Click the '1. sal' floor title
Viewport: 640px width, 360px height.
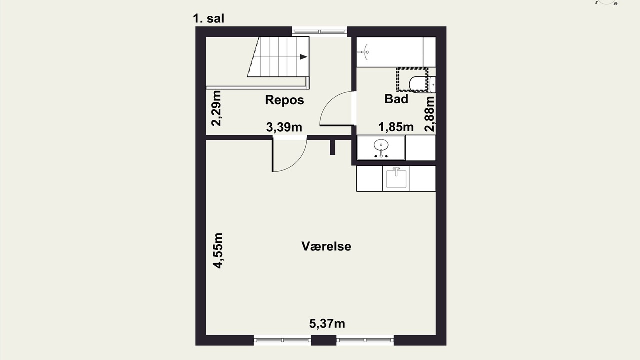coord(208,19)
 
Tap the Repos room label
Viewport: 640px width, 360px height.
coord(284,100)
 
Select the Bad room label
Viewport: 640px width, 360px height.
coord(396,99)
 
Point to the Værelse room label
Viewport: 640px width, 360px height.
coord(326,246)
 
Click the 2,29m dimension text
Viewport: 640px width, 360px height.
coord(216,108)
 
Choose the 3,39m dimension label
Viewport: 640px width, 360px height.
coord(284,127)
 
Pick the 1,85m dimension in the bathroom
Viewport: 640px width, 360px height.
coord(396,127)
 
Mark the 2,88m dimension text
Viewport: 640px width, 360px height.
coord(429,114)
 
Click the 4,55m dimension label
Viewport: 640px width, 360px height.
coord(218,251)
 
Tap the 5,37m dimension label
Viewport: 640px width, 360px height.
coord(327,323)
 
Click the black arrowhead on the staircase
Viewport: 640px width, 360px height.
coord(303,57)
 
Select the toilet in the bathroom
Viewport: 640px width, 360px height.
coord(422,84)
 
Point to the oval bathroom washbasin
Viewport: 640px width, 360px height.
coord(381,145)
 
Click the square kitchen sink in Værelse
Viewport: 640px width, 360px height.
coord(396,179)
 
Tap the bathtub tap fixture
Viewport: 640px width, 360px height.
coord(363,52)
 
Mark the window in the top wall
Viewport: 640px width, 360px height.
coord(319,31)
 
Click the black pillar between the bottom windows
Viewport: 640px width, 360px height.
coord(323,340)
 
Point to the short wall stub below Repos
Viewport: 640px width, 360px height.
coord(332,147)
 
